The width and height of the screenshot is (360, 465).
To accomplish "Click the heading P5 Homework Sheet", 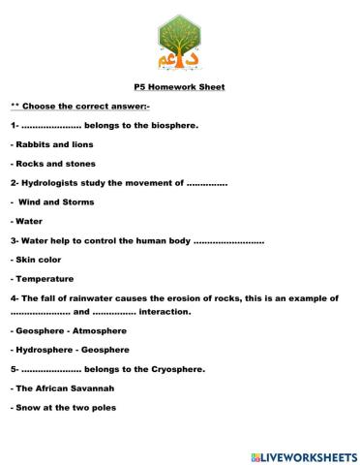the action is click(179, 86).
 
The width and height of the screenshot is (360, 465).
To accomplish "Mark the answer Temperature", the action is click(45, 278).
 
